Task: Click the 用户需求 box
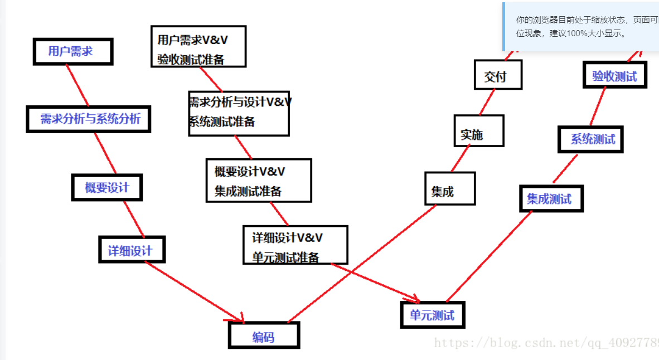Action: click(x=72, y=52)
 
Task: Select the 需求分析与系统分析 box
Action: click(x=89, y=119)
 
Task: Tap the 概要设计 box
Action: click(x=107, y=188)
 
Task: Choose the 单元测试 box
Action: click(x=433, y=315)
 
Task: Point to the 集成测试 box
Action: click(x=551, y=199)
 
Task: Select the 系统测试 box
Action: click(x=590, y=139)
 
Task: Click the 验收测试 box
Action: click(x=614, y=76)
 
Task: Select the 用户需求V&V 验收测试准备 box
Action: click(x=198, y=47)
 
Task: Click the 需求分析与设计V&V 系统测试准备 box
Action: click(x=239, y=113)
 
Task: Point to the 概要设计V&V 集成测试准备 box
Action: click(x=258, y=181)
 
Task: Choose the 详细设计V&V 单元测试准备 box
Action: click(x=295, y=245)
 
